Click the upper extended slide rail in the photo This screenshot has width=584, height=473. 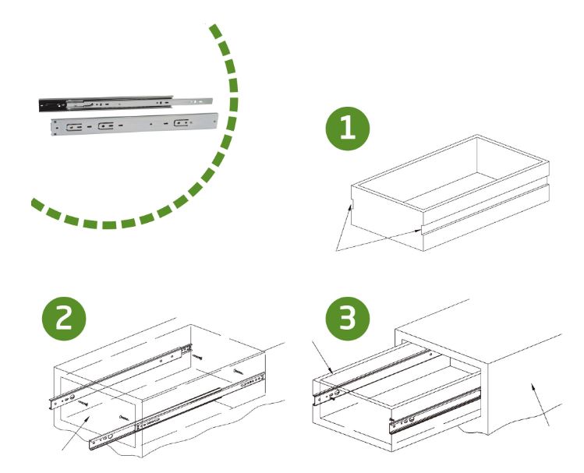click(x=125, y=101)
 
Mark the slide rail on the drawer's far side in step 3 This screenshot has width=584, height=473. click(x=374, y=375)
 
